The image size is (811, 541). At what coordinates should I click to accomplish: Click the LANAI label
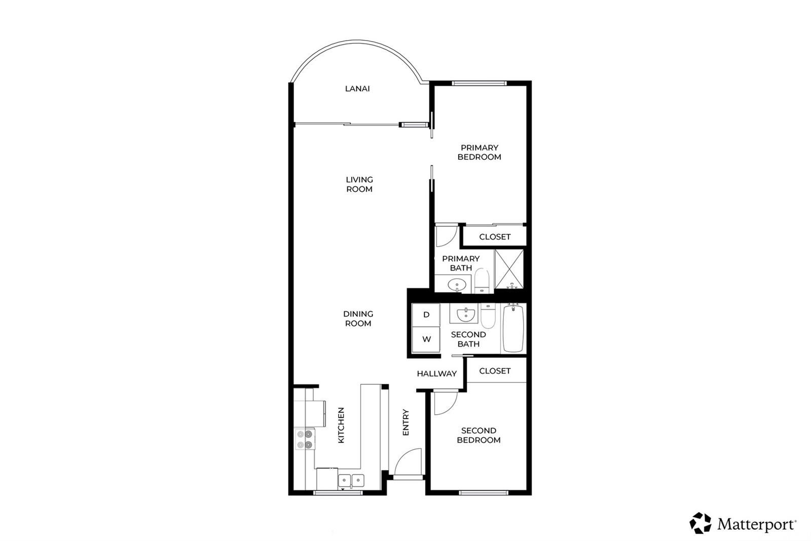[x=357, y=88]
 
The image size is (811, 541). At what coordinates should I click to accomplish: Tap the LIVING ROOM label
[x=359, y=184]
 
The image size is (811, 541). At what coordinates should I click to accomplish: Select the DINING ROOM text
[x=358, y=318]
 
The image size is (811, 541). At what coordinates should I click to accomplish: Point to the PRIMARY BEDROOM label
[x=480, y=152]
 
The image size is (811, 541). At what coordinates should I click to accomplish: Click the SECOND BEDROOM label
[x=478, y=435]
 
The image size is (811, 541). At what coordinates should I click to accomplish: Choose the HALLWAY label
[x=436, y=374]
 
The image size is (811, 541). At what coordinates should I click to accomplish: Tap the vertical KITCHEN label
[x=341, y=425]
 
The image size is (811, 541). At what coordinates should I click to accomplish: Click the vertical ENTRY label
[x=405, y=422]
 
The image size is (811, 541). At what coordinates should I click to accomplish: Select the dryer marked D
[x=426, y=315]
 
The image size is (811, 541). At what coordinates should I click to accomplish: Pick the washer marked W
[x=426, y=340]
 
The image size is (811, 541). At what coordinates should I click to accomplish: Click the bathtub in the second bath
[x=513, y=328]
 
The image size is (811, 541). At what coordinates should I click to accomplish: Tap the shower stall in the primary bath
[x=509, y=269]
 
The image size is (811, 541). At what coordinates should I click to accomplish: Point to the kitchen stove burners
[x=305, y=439]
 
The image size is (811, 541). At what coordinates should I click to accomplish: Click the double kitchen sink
[x=351, y=481]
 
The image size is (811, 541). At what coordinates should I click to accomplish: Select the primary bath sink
[x=457, y=285]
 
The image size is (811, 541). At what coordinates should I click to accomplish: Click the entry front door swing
[x=408, y=462]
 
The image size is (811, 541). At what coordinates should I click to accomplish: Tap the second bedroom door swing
[x=446, y=403]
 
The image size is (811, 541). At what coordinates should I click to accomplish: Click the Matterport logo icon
[x=701, y=523]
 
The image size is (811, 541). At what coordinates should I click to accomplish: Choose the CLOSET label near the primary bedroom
[x=495, y=237]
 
